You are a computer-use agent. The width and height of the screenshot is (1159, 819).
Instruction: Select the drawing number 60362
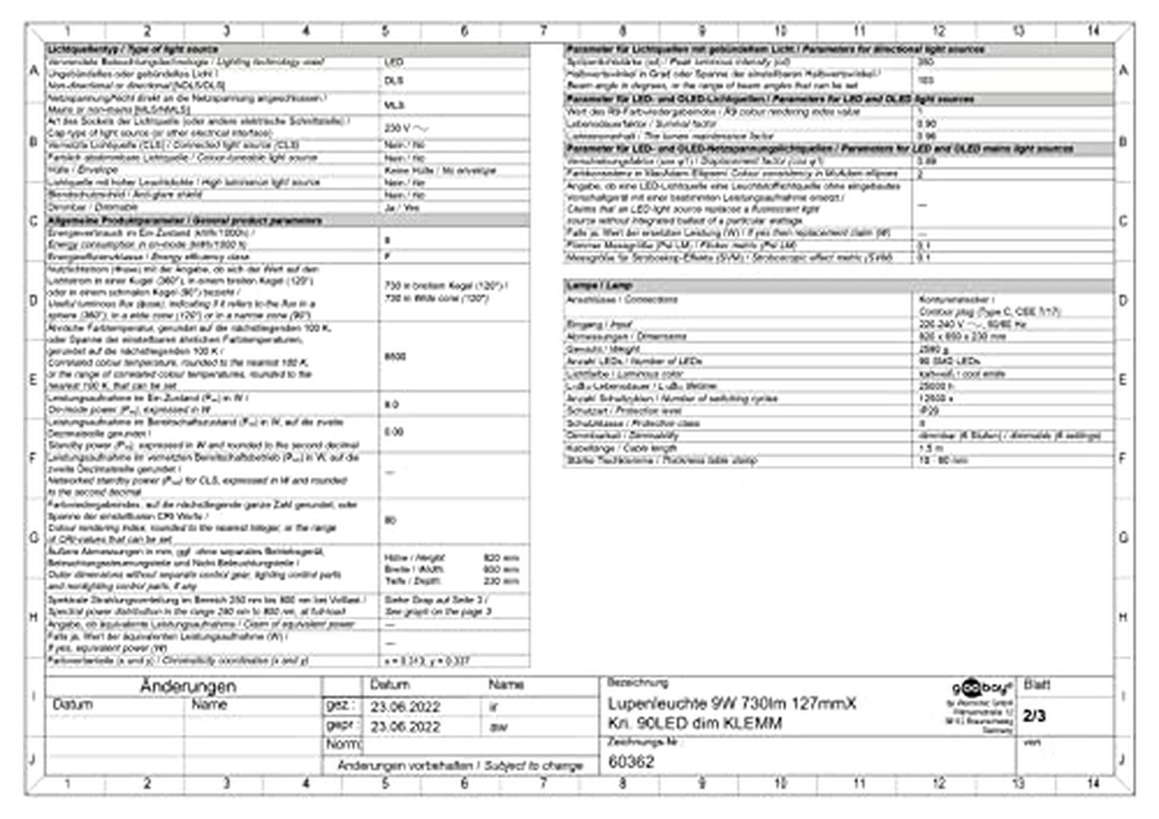(631, 762)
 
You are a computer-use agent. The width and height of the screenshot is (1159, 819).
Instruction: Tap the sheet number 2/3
(1034, 715)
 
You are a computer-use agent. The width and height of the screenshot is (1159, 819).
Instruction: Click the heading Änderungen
(188, 686)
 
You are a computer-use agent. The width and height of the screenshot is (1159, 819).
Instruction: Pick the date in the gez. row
(405, 707)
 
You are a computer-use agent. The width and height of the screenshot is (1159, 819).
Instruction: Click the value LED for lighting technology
(394, 62)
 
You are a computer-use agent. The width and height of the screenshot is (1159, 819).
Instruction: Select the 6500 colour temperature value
(395, 356)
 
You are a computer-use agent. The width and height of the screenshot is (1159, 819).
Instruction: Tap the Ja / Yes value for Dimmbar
(402, 207)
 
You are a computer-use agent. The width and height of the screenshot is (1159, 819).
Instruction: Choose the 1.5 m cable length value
(931, 448)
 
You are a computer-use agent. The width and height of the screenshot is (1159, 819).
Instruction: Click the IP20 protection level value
(928, 411)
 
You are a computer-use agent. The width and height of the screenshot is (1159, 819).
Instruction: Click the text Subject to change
(533, 766)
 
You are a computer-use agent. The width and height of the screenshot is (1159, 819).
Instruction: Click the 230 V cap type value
(407, 128)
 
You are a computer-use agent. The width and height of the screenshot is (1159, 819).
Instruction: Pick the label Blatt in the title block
(1036, 685)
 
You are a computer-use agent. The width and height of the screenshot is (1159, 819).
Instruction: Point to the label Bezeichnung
(637, 682)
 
